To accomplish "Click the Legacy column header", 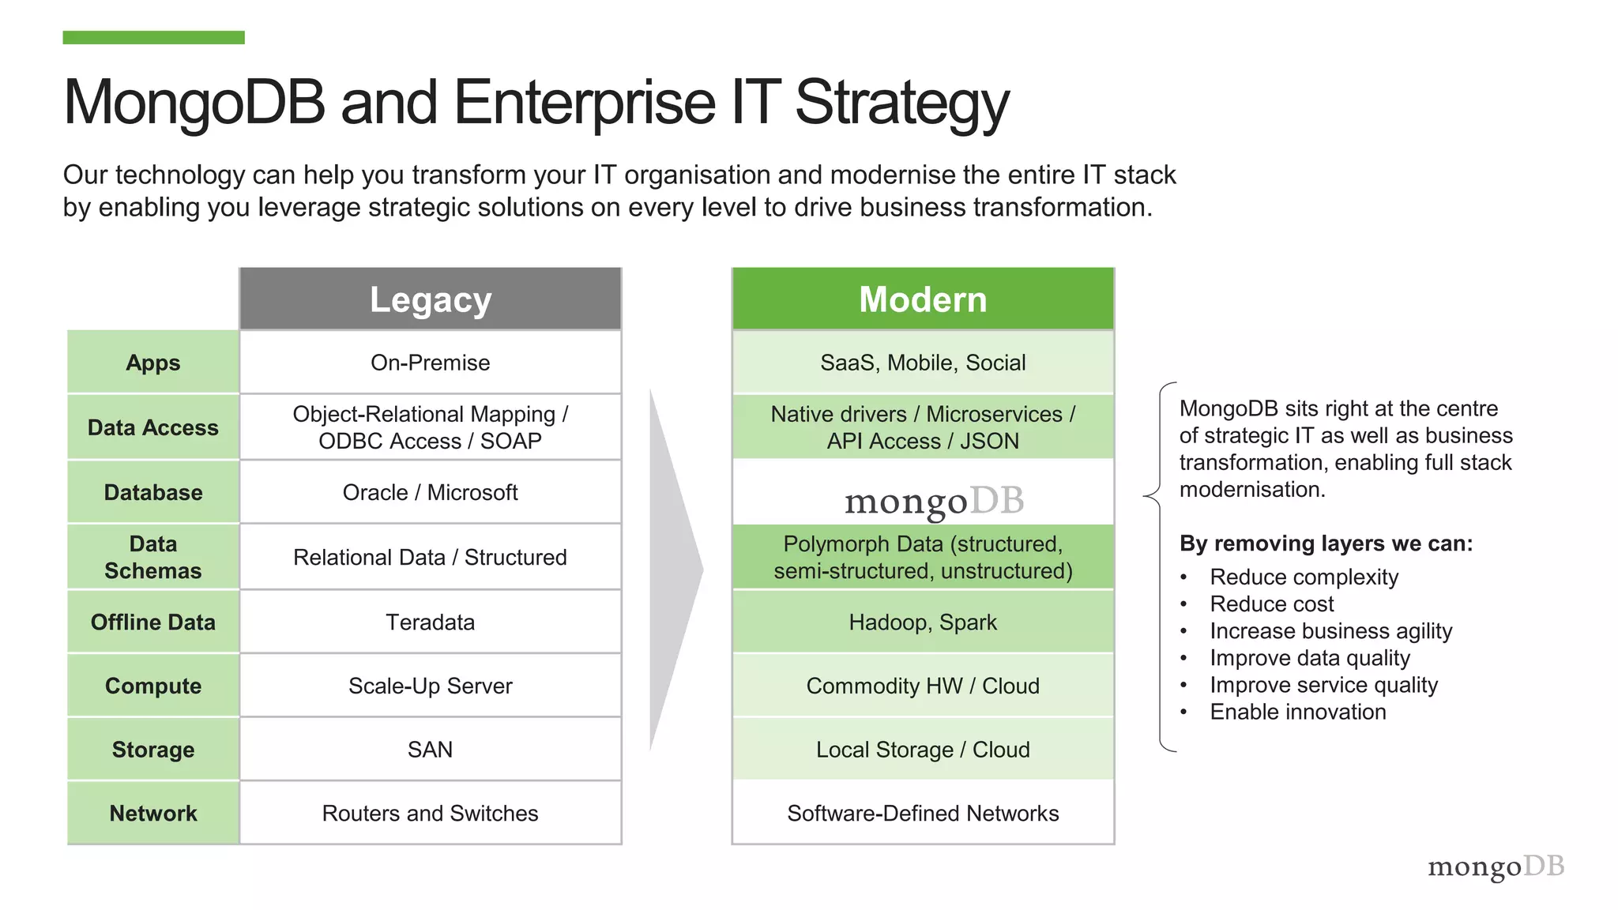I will [x=431, y=299].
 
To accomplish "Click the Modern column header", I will [x=923, y=299].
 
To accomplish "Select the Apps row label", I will [x=153, y=363].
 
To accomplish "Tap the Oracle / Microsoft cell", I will [x=431, y=492].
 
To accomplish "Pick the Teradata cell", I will [x=431, y=622].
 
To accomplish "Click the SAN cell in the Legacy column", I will [x=431, y=750].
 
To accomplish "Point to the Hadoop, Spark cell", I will [x=923, y=622].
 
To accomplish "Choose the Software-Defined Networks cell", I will [x=923, y=814].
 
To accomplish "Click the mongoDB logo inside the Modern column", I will [x=934, y=501].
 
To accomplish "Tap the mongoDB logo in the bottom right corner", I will [x=1496, y=867].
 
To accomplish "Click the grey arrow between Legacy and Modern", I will [x=674, y=569].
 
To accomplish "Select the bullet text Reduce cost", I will [x=1271, y=604].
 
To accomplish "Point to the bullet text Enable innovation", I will [x=1297, y=712].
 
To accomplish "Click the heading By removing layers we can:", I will [x=1326, y=543].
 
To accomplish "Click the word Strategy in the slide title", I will [x=901, y=103].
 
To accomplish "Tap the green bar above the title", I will [x=153, y=37].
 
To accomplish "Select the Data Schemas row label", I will [x=153, y=557].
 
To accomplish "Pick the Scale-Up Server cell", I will [x=431, y=686].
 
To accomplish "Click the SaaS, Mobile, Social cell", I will [x=923, y=363].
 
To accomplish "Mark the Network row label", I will [x=153, y=814].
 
